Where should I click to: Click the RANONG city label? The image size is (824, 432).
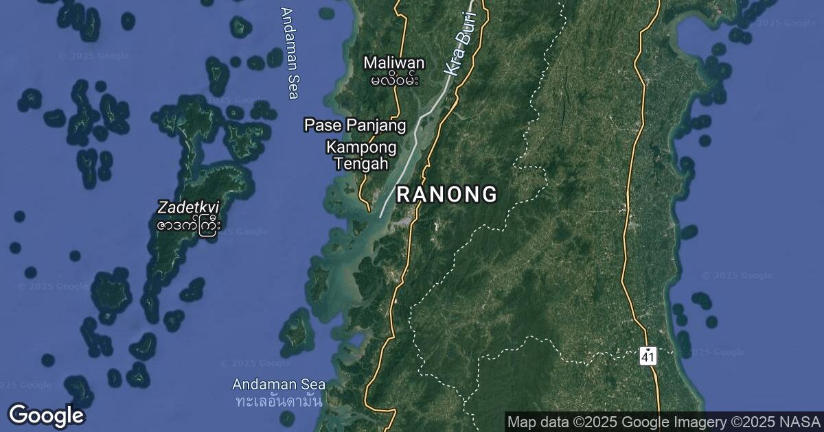coord(447,195)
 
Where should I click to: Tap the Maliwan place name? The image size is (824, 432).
coord(394,63)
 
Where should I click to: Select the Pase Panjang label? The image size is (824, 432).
coord(355,125)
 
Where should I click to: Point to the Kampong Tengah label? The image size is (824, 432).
coord(361,156)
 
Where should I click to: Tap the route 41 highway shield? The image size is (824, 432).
coord(648,356)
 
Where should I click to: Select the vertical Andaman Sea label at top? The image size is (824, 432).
coord(291,53)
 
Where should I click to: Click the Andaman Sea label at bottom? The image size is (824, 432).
coord(279,385)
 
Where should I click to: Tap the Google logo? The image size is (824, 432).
coord(47,416)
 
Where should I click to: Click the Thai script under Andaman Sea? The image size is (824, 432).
coord(279,400)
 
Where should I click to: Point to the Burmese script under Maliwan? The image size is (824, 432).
coord(394,80)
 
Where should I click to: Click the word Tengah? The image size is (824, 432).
coord(361,164)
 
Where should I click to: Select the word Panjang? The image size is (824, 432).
coord(382,125)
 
